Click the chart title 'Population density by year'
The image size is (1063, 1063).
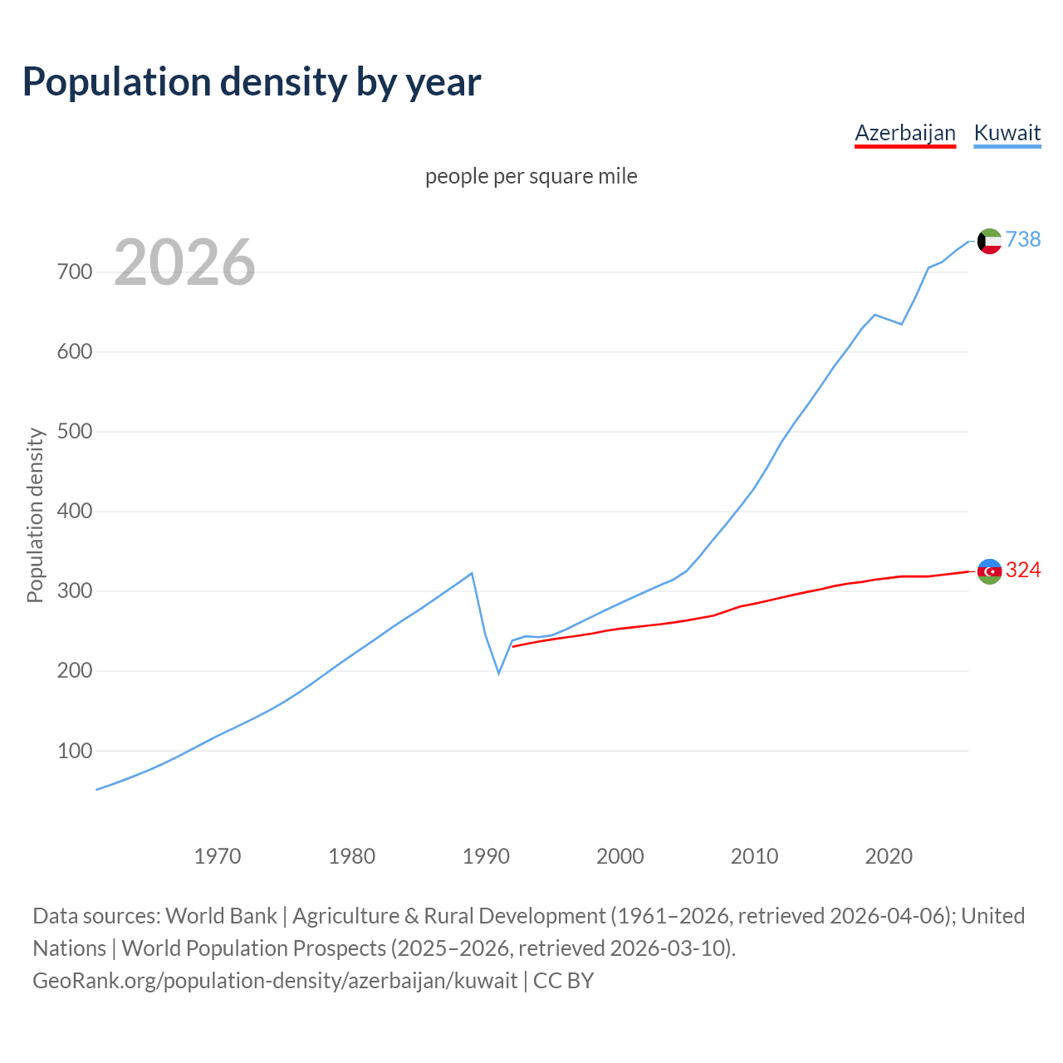click(252, 81)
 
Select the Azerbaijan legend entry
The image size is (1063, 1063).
click(905, 133)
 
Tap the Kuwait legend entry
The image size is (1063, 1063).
click(1007, 133)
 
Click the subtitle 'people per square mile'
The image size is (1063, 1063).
click(531, 176)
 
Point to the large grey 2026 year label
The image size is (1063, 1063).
click(184, 262)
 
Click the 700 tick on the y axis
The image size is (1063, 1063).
click(75, 272)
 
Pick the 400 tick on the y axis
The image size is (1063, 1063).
click(75, 512)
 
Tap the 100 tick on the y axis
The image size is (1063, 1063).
click(75, 751)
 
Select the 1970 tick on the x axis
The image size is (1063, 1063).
click(218, 855)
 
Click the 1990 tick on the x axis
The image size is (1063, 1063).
click(486, 855)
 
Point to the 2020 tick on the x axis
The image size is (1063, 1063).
click(889, 855)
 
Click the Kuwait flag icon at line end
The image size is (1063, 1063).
click(989, 241)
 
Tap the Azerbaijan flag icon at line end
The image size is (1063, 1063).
click(989, 571)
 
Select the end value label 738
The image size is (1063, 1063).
click(1023, 239)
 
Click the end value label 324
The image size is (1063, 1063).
click(1023, 570)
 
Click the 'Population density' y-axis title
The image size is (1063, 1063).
click(35, 515)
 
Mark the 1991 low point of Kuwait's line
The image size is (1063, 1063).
click(499, 673)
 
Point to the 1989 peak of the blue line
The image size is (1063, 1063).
click(472, 573)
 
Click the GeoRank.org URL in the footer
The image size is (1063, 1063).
click(275, 980)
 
